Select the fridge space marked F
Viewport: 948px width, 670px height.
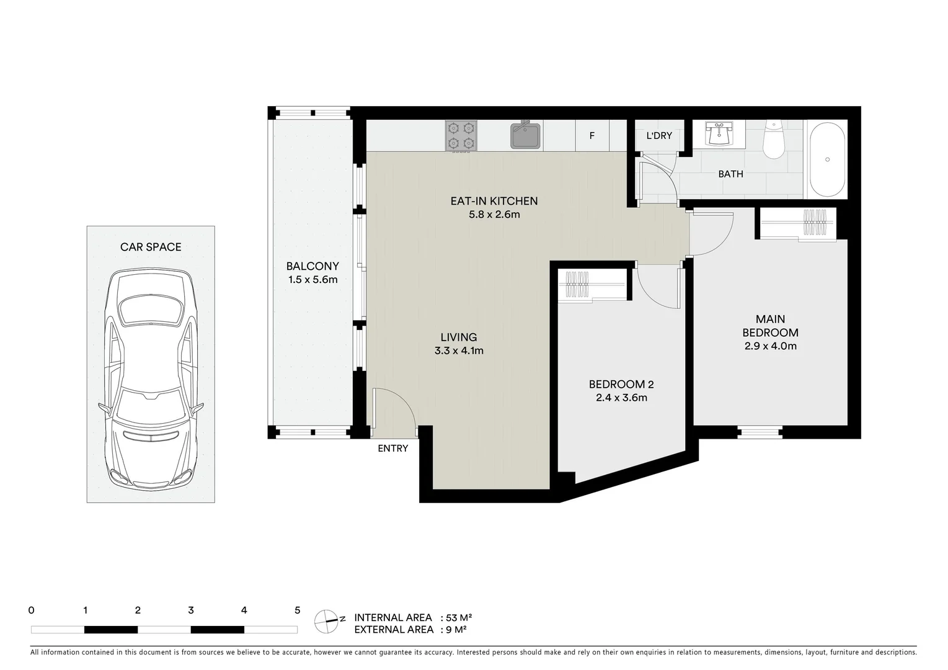(x=592, y=136)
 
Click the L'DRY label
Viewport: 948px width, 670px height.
(x=659, y=136)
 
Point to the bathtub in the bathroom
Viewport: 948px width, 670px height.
(x=827, y=159)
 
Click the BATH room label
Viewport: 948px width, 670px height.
(x=730, y=174)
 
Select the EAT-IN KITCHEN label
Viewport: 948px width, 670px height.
(x=494, y=201)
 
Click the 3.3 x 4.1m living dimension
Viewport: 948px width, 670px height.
(x=459, y=351)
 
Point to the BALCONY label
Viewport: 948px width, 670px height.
(x=312, y=267)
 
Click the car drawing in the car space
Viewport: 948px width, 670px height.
(x=151, y=378)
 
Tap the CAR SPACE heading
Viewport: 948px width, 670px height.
(x=151, y=247)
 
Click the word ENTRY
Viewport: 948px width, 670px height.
(x=393, y=449)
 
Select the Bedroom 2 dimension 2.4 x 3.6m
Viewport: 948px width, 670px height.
(x=621, y=398)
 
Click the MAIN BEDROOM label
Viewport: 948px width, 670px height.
(x=770, y=326)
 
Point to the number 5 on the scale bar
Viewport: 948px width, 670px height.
(x=297, y=610)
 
